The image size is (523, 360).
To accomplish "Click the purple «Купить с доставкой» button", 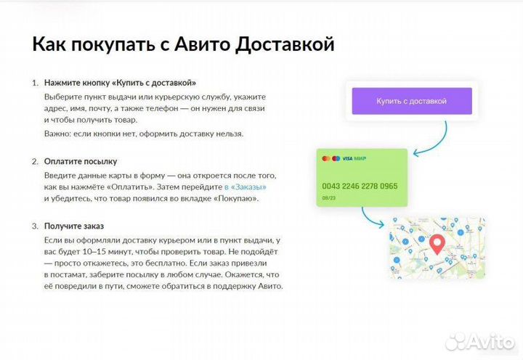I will tap(411, 101).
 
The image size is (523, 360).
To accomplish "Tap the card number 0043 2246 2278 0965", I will tap(359, 187).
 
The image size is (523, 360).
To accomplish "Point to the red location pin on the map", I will tap(437, 244).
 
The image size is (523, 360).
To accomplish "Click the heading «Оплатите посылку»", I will tap(80, 161).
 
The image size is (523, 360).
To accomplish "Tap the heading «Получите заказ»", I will tap(75, 227).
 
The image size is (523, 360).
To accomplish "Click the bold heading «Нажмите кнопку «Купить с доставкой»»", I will tap(120, 83).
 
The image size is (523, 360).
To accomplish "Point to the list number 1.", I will tap(34, 83).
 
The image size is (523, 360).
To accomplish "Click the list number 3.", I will tap(34, 227).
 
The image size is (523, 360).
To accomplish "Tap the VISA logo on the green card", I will tap(347, 157).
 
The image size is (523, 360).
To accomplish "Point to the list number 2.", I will tap(34, 161).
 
